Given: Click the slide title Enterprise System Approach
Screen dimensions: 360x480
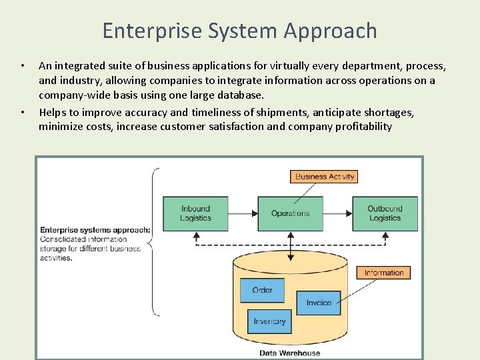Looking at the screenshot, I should point(240,31).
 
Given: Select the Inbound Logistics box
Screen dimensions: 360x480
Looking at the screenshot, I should point(195,213).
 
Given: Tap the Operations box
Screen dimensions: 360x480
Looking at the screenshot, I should point(290,213).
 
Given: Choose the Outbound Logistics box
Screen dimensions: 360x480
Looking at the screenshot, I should point(385,213).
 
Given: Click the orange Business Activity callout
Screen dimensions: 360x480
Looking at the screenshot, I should point(325,177).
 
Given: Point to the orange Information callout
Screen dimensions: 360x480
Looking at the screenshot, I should point(383,273).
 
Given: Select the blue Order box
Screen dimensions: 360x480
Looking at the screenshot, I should point(262,290).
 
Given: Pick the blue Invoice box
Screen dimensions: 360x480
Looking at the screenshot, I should point(318,303).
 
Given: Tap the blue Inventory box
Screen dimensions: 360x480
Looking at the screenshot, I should point(269,321).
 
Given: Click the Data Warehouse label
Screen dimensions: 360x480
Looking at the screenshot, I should point(289,353).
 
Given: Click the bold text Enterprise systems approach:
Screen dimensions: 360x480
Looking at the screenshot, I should point(95,230).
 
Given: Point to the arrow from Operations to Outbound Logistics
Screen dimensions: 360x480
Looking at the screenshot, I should point(337,213).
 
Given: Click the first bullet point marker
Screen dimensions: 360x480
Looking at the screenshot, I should point(22,66).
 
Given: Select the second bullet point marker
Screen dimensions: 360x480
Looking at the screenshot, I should point(22,111).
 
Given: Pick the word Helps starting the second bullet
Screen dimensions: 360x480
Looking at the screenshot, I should point(53,111).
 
